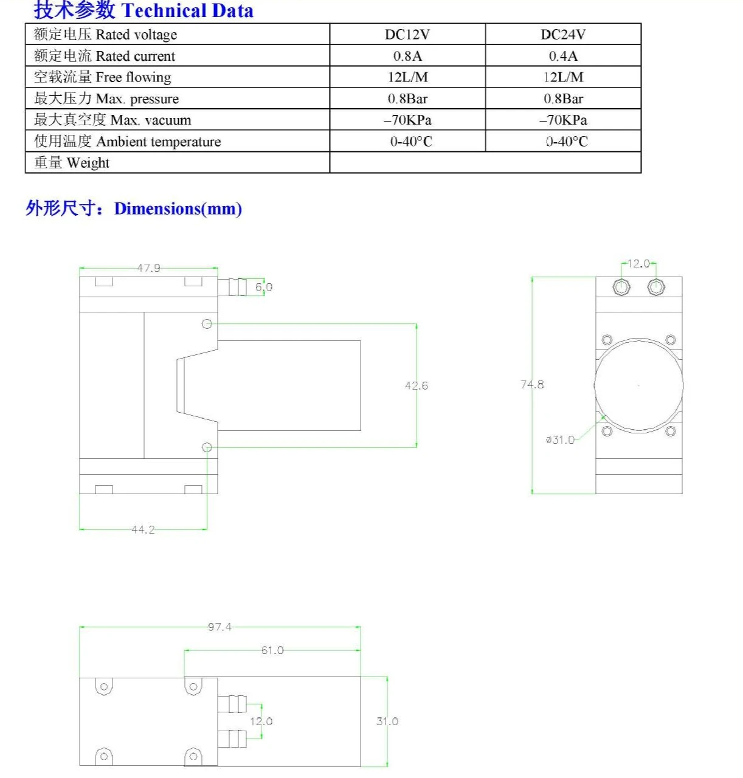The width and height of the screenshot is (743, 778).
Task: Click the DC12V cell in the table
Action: [x=407, y=35]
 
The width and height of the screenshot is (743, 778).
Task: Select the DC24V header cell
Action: [x=563, y=35]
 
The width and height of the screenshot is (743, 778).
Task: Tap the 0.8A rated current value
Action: [x=407, y=55]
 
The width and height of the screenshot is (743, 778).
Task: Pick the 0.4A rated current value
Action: [x=563, y=55]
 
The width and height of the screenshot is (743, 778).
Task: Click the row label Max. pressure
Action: [x=137, y=98]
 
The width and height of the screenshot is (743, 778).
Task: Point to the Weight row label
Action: [x=88, y=163]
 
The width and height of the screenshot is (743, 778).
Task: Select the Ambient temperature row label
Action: [x=158, y=142]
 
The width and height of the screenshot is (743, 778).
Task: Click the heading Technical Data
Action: [x=187, y=10]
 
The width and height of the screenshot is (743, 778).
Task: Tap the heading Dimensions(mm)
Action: [x=178, y=208]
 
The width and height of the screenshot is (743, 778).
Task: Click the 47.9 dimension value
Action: [x=148, y=267]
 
